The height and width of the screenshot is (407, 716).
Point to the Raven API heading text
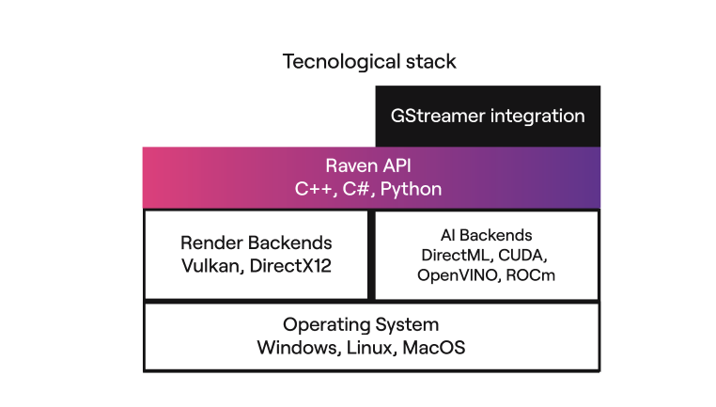(368, 165)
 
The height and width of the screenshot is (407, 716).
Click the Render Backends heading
(257, 243)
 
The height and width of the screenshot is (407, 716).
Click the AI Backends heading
(486, 235)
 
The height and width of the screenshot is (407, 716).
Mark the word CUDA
(523, 255)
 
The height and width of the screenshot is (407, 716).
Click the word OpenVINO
(459, 275)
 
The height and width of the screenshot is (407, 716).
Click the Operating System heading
(361, 325)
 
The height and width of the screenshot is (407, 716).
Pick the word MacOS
(434, 348)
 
